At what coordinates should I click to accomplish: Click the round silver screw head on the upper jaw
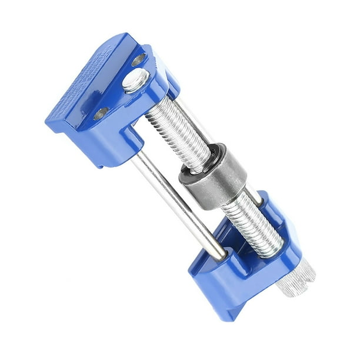134,81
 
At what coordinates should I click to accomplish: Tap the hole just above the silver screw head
139,59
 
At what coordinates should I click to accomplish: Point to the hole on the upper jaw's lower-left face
101,113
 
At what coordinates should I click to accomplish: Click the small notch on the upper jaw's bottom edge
102,166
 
